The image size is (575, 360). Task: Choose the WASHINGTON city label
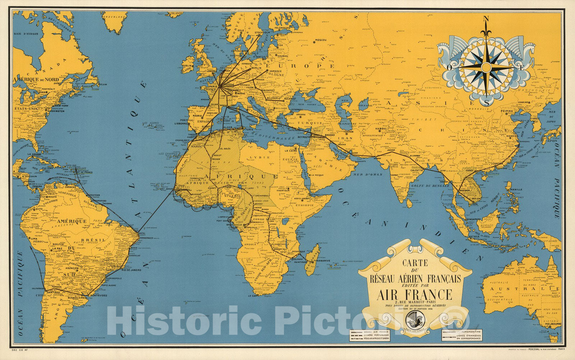55,111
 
